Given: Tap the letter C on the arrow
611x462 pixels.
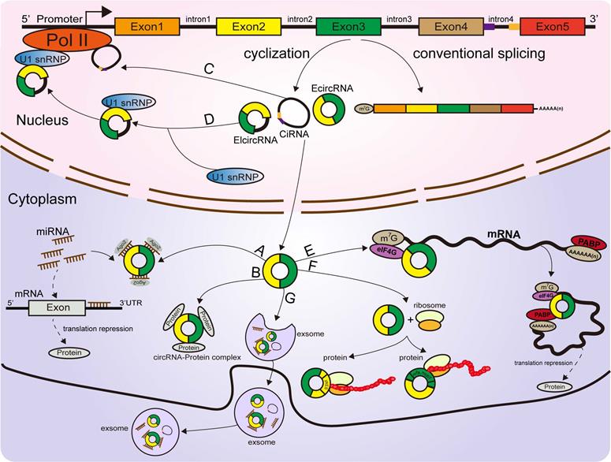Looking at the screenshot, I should [209, 69].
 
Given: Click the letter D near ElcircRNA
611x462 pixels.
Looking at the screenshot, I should [208, 118].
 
